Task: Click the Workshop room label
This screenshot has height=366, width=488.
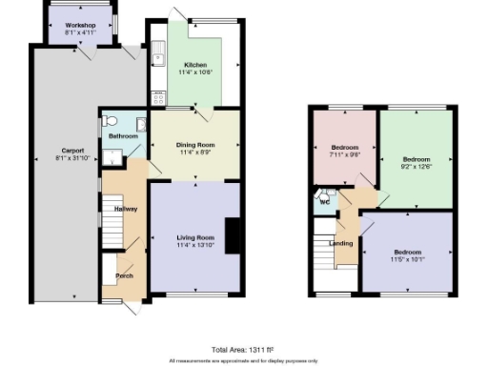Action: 81,24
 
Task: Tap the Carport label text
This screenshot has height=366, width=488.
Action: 73,151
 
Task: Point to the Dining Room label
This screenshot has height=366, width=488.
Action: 194,144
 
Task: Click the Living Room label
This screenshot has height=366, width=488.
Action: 194,238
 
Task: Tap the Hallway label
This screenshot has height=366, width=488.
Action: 126,208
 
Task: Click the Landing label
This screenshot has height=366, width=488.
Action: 341,243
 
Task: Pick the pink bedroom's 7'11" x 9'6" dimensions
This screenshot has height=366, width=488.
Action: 344,155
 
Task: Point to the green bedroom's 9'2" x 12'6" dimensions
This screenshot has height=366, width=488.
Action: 416,166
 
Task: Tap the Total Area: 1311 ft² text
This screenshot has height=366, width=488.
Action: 243,350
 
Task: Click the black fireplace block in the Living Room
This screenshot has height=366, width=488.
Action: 232,234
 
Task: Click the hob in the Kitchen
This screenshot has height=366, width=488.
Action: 157,96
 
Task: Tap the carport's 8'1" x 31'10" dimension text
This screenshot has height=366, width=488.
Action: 73,158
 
